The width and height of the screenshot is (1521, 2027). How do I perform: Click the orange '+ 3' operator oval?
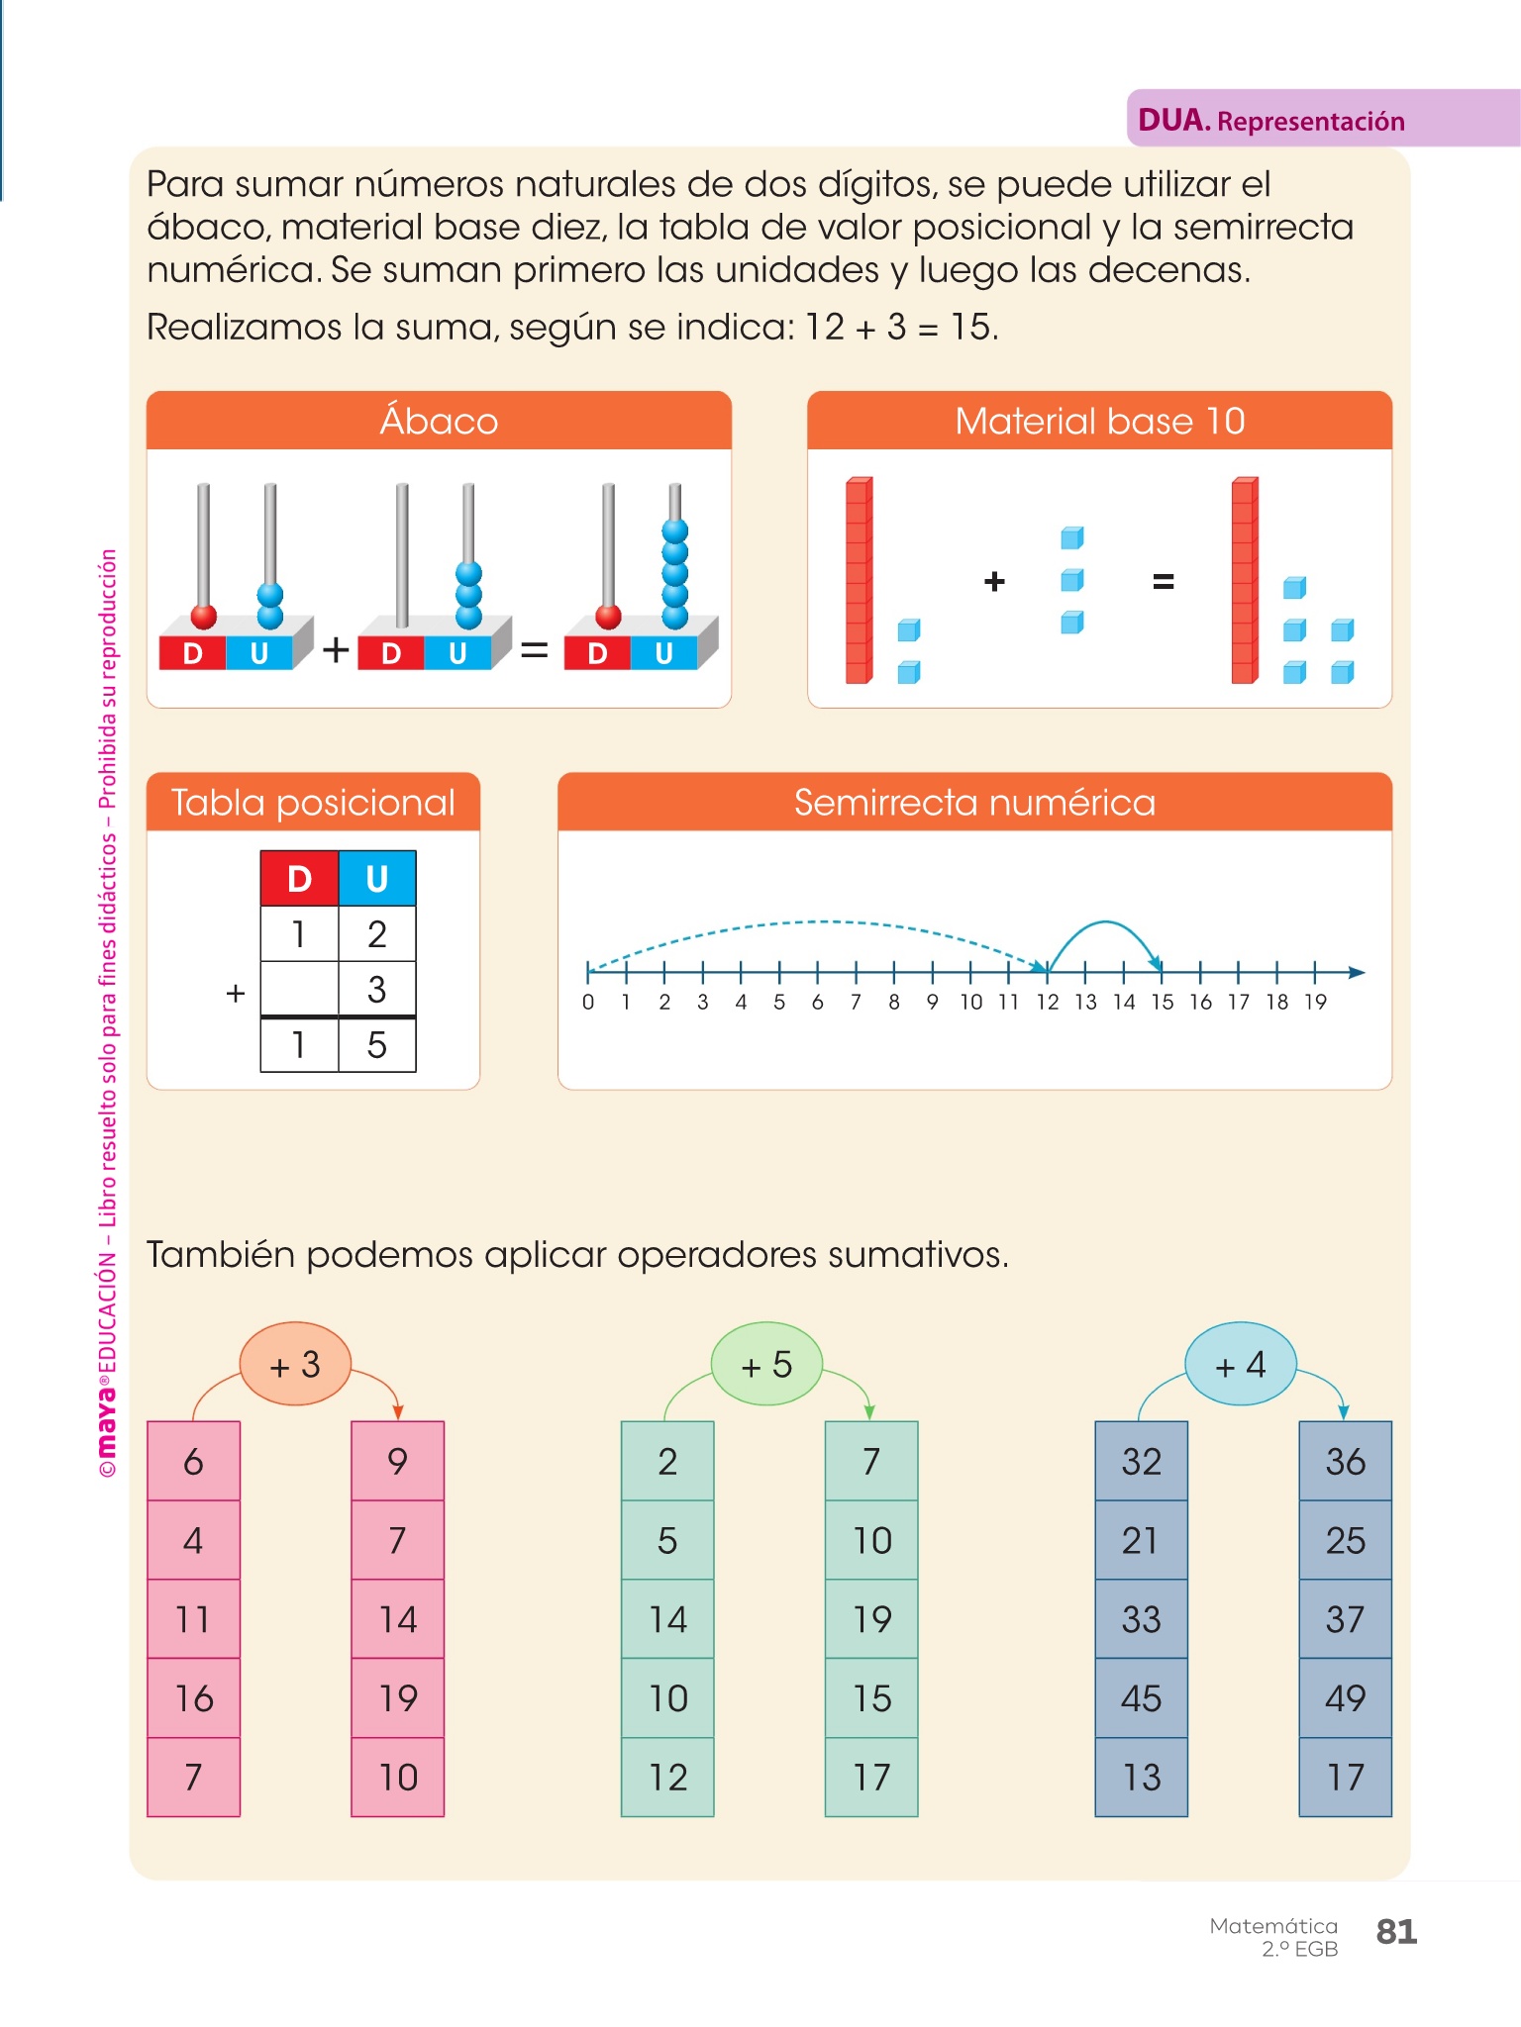click(295, 1365)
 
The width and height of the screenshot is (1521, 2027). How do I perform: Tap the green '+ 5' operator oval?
click(766, 1365)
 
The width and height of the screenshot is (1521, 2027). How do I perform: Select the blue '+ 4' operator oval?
click(1240, 1365)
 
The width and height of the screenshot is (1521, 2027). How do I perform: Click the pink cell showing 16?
click(194, 1698)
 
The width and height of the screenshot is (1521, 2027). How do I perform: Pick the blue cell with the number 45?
click(1141, 1698)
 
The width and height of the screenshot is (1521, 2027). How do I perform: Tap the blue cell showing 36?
click(1345, 1461)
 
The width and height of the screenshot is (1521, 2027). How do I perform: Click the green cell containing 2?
click(667, 1461)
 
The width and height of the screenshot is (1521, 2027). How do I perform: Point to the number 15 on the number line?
click(1162, 1003)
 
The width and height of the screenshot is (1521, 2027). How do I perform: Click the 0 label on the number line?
click(588, 1003)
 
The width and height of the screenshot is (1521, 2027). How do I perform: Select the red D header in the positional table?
click(299, 879)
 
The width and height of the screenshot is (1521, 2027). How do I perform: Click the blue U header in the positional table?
click(376, 879)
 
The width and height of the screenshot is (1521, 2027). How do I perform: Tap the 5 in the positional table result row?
click(376, 1045)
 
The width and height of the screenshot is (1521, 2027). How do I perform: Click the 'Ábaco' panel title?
click(439, 421)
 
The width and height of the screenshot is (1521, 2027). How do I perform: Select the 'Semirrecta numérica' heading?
click(974, 802)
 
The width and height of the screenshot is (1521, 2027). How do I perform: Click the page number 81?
click(1396, 1932)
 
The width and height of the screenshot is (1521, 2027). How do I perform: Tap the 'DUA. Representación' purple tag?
click(1271, 121)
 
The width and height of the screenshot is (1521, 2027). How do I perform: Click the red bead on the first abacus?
click(204, 617)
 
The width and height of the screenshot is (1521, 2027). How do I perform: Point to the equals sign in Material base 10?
click(1164, 582)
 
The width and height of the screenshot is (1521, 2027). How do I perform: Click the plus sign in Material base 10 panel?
click(994, 582)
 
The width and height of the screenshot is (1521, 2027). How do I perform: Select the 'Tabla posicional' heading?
click(313, 802)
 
